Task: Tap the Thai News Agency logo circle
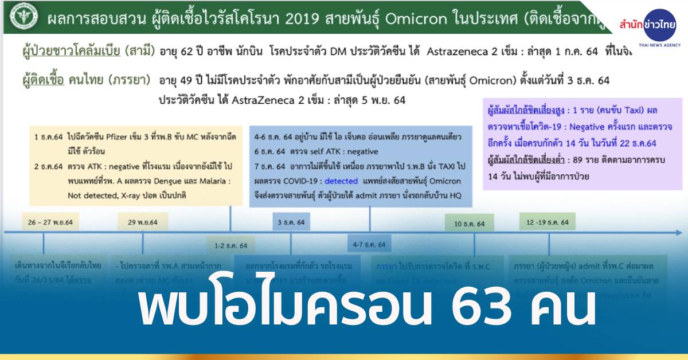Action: point(659,24)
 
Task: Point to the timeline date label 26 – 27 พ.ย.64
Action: point(52,222)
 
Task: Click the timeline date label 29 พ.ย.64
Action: point(142,222)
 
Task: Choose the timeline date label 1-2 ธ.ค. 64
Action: point(230,245)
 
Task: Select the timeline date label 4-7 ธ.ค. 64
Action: point(370,245)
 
